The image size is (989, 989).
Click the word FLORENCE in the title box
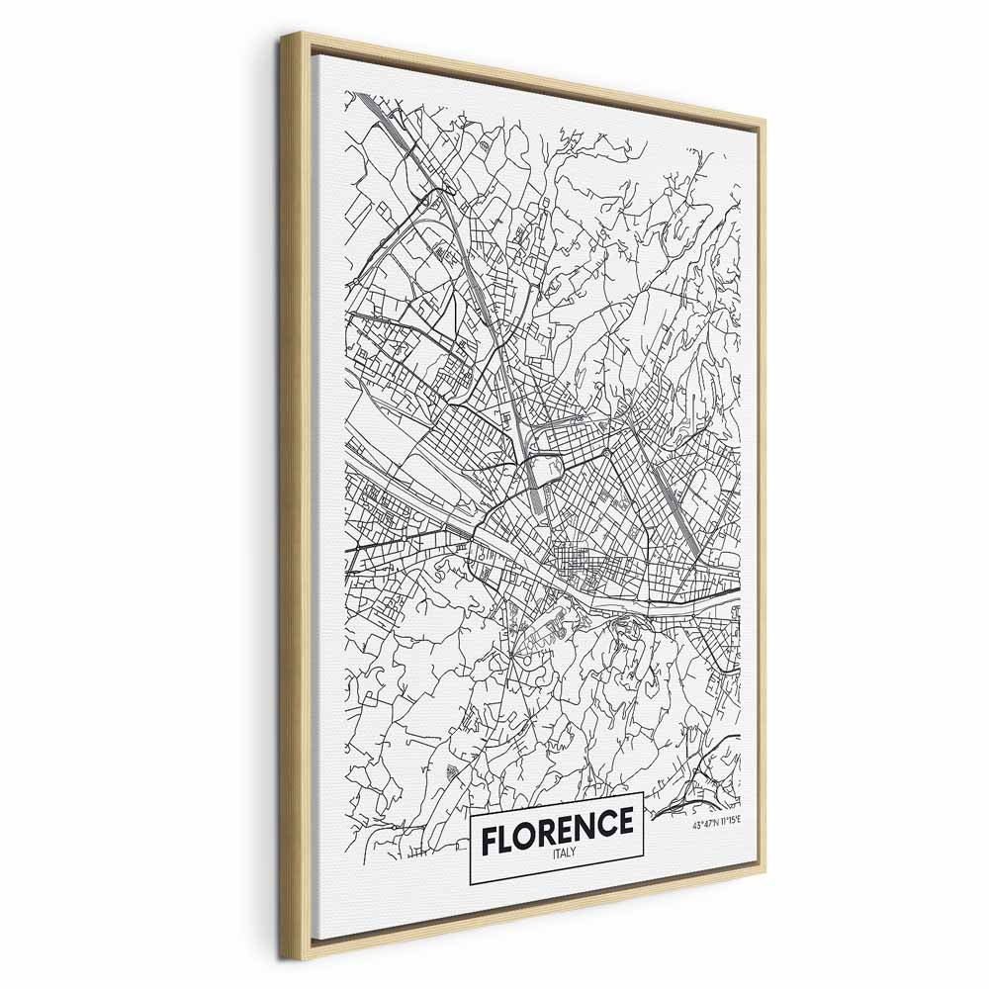click(x=557, y=823)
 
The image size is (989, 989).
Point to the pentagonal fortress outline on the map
click(x=542, y=469)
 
